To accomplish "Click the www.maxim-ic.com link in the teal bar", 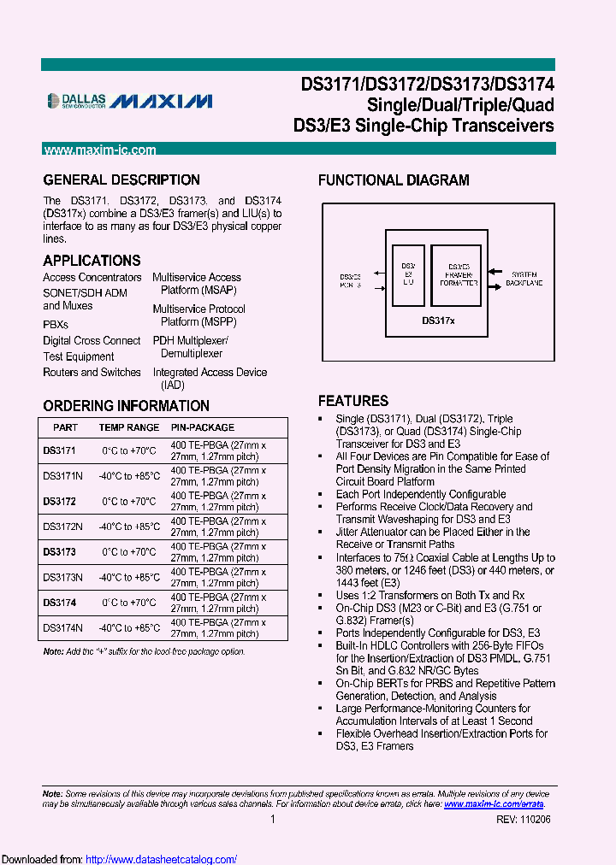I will [100, 150].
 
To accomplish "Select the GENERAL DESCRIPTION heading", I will [121, 180].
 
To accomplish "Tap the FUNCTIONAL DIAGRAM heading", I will [394, 180].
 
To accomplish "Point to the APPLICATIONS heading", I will [92, 261].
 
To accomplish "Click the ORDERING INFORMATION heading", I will [126, 406].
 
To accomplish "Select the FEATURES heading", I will [352, 401].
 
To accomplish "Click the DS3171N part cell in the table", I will [62, 476].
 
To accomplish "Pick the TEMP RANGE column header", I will [128, 427].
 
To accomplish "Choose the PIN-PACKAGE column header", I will [202, 427].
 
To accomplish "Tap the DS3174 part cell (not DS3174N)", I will [60, 603].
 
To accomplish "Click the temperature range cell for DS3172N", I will [130, 527].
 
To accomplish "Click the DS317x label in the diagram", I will [438, 321].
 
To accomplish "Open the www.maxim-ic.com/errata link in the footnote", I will [494, 804].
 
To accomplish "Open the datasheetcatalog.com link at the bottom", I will [162, 859].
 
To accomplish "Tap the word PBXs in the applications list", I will [56, 325].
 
